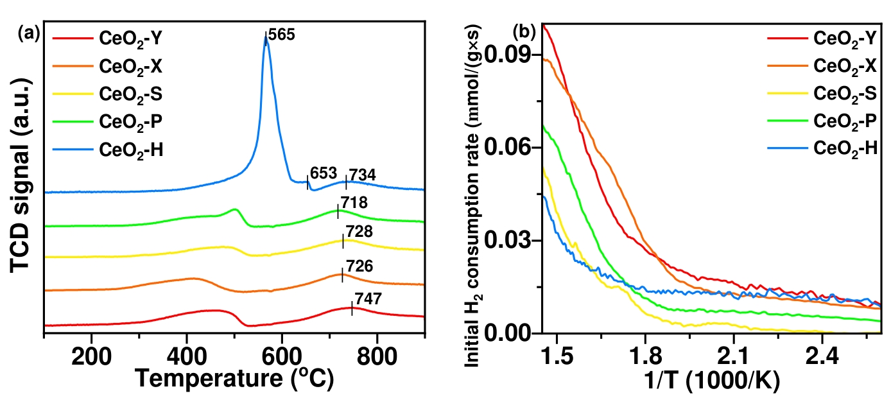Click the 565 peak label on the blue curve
(282, 35)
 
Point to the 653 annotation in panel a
(322, 174)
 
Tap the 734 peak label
(361, 175)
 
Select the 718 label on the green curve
(354, 204)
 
